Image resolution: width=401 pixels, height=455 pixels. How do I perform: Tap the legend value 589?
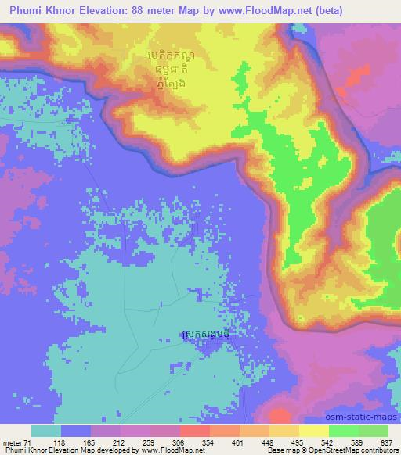[356, 442]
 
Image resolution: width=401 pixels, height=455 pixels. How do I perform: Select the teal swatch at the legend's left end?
[46, 431]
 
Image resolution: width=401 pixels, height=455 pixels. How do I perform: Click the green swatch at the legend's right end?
[373, 431]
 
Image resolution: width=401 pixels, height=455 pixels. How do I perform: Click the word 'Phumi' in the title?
[27, 11]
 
